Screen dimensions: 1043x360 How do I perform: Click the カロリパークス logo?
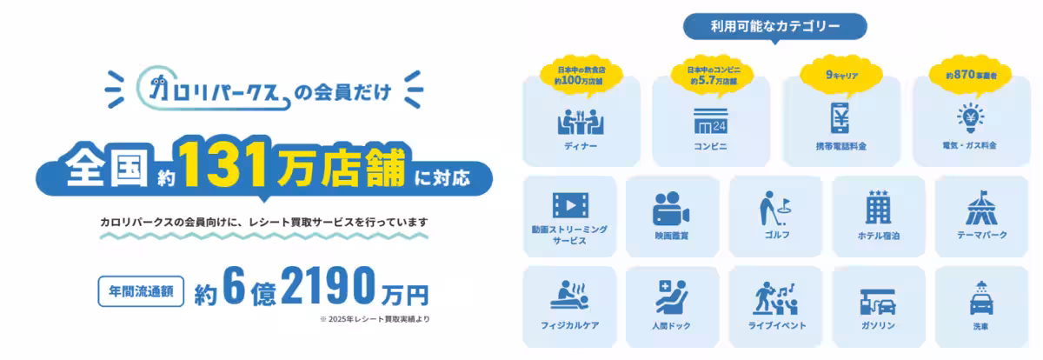tap(213, 88)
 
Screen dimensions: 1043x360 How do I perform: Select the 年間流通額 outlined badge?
tap(141, 291)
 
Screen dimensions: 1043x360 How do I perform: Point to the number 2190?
tap(329, 285)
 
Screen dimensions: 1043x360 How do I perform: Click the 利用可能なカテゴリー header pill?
tap(774, 27)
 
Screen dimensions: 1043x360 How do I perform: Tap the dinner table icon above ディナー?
tap(581, 122)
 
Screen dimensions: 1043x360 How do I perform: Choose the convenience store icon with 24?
tap(711, 121)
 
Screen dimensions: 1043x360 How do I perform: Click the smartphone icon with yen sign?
tap(840, 118)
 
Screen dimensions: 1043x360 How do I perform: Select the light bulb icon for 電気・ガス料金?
tap(970, 117)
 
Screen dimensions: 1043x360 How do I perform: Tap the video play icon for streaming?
tap(570, 205)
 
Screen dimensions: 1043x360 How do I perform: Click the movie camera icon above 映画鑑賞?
tap(671, 209)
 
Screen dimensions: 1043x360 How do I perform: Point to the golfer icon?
tap(775, 208)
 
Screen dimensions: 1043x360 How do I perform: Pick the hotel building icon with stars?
tap(878, 207)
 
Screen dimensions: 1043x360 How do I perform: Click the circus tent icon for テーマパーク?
tap(981, 208)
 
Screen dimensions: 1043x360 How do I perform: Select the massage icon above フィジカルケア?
tap(569, 296)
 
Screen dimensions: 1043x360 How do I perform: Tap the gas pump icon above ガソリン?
tap(878, 302)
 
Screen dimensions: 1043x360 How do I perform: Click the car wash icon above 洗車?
tap(981, 298)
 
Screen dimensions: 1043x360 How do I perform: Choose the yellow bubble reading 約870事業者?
tap(971, 76)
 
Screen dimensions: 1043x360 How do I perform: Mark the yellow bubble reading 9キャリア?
tap(841, 76)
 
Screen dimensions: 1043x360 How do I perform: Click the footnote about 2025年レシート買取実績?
tap(375, 319)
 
